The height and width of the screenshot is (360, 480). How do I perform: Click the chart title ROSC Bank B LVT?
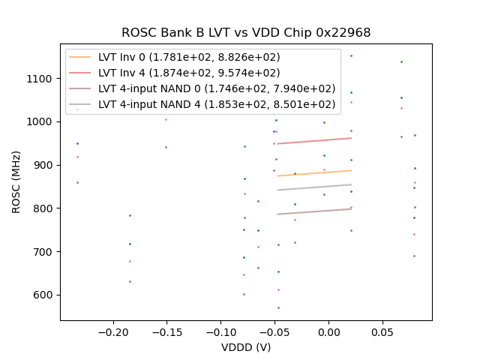point(246,33)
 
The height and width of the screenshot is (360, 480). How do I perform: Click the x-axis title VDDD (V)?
point(246,347)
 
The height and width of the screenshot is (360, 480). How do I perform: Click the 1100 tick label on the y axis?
point(40,79)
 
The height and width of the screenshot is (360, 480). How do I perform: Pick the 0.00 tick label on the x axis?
point(328,331)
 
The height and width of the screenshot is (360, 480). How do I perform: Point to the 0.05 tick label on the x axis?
point(382,331)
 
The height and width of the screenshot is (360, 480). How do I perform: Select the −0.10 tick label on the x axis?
point(220,331)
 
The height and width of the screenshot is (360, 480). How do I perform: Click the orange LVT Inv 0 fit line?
point(314,173)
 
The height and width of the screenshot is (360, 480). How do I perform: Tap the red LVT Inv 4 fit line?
point(314,140)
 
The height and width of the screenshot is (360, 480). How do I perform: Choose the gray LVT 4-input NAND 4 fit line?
point(314,187)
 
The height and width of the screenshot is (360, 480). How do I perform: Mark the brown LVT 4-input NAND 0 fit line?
point(314,211)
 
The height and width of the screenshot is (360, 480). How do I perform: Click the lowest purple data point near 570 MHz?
point(278,307)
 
